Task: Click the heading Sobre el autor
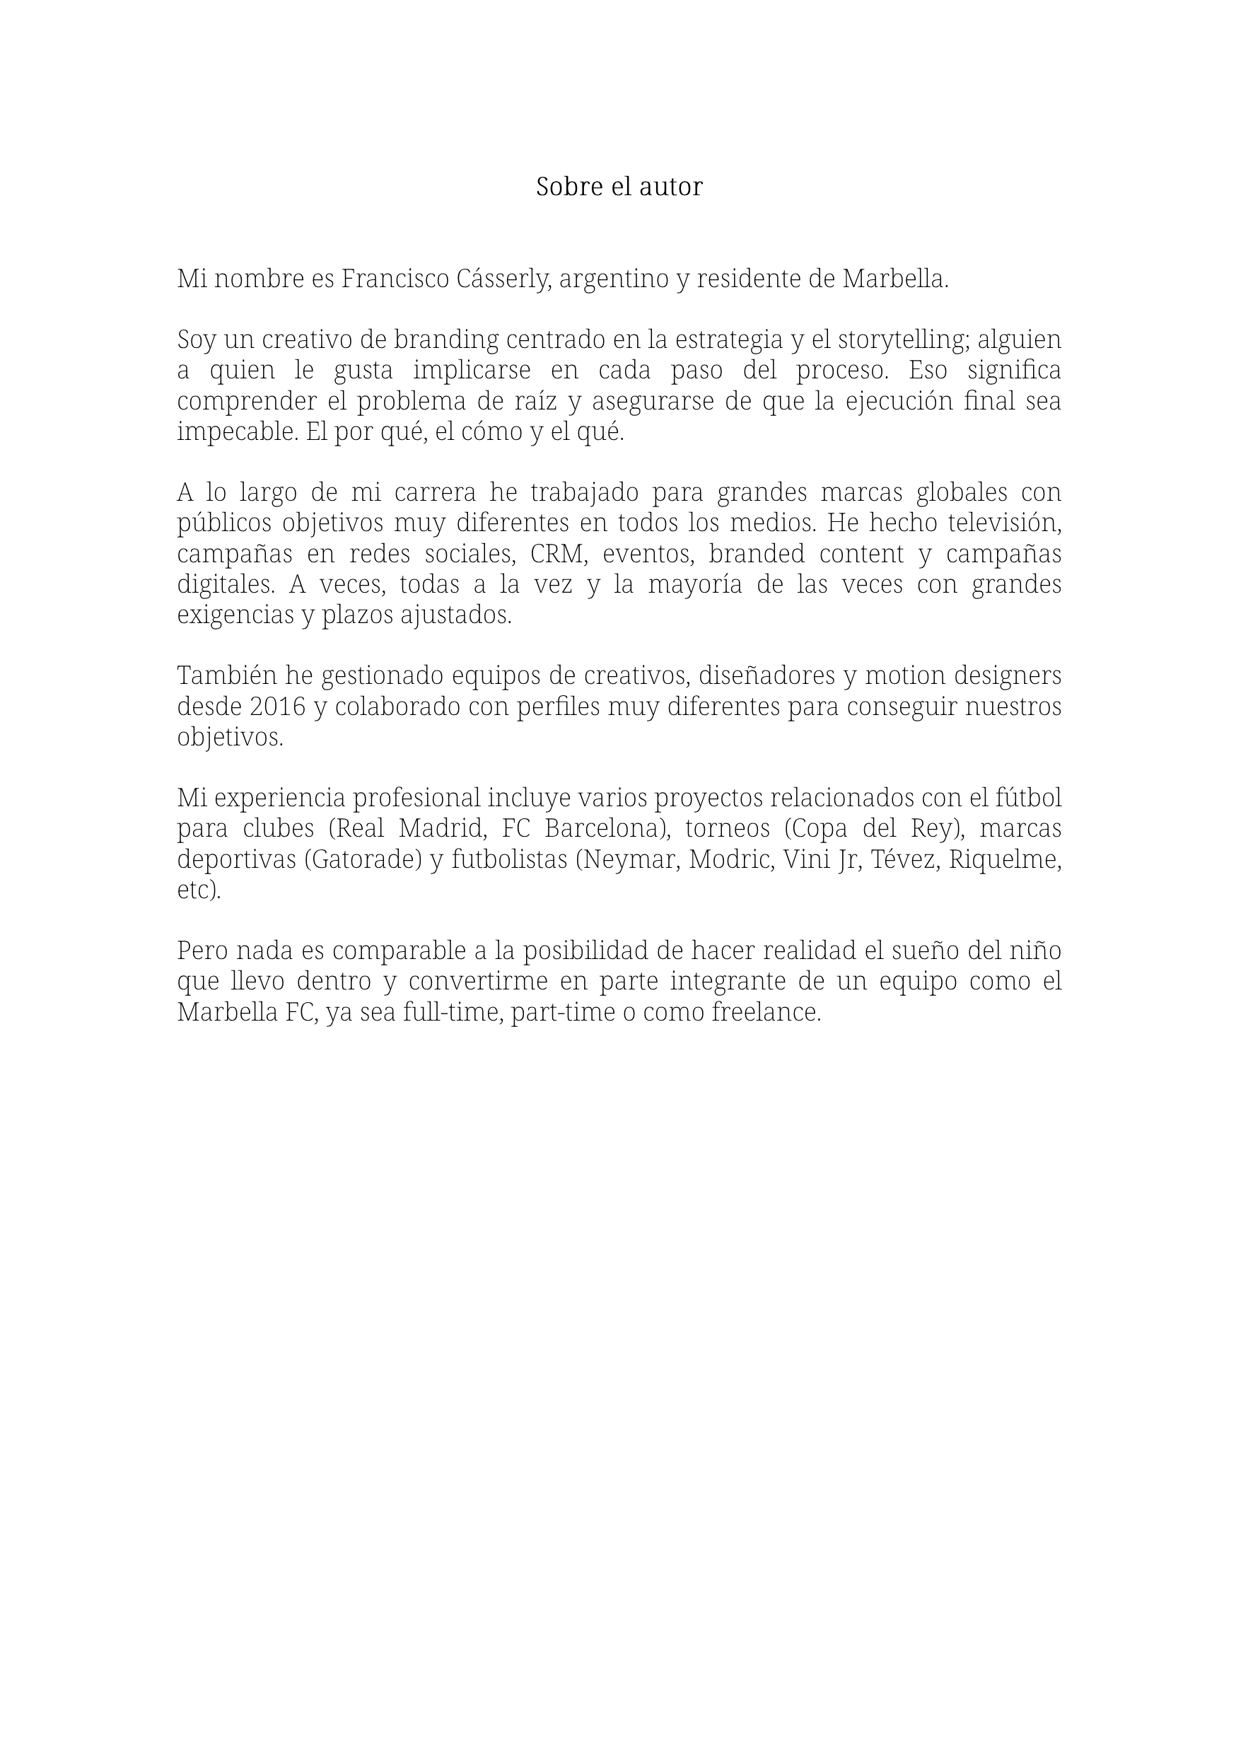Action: (619, 187)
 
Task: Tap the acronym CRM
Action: (558, 554)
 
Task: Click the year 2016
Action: (278, 707)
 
